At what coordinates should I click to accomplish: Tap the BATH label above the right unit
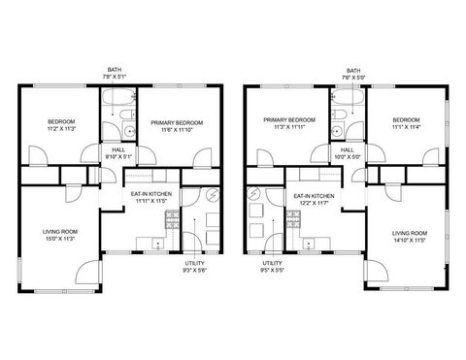[352, 71]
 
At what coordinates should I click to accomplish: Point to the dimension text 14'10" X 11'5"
[410, 240]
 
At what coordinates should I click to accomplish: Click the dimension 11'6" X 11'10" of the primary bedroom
[177, 129]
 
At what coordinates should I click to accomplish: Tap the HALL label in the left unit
[117, 150]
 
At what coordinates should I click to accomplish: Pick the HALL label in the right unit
[348, 149]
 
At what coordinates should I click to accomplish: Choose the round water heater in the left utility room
[214, 194]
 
